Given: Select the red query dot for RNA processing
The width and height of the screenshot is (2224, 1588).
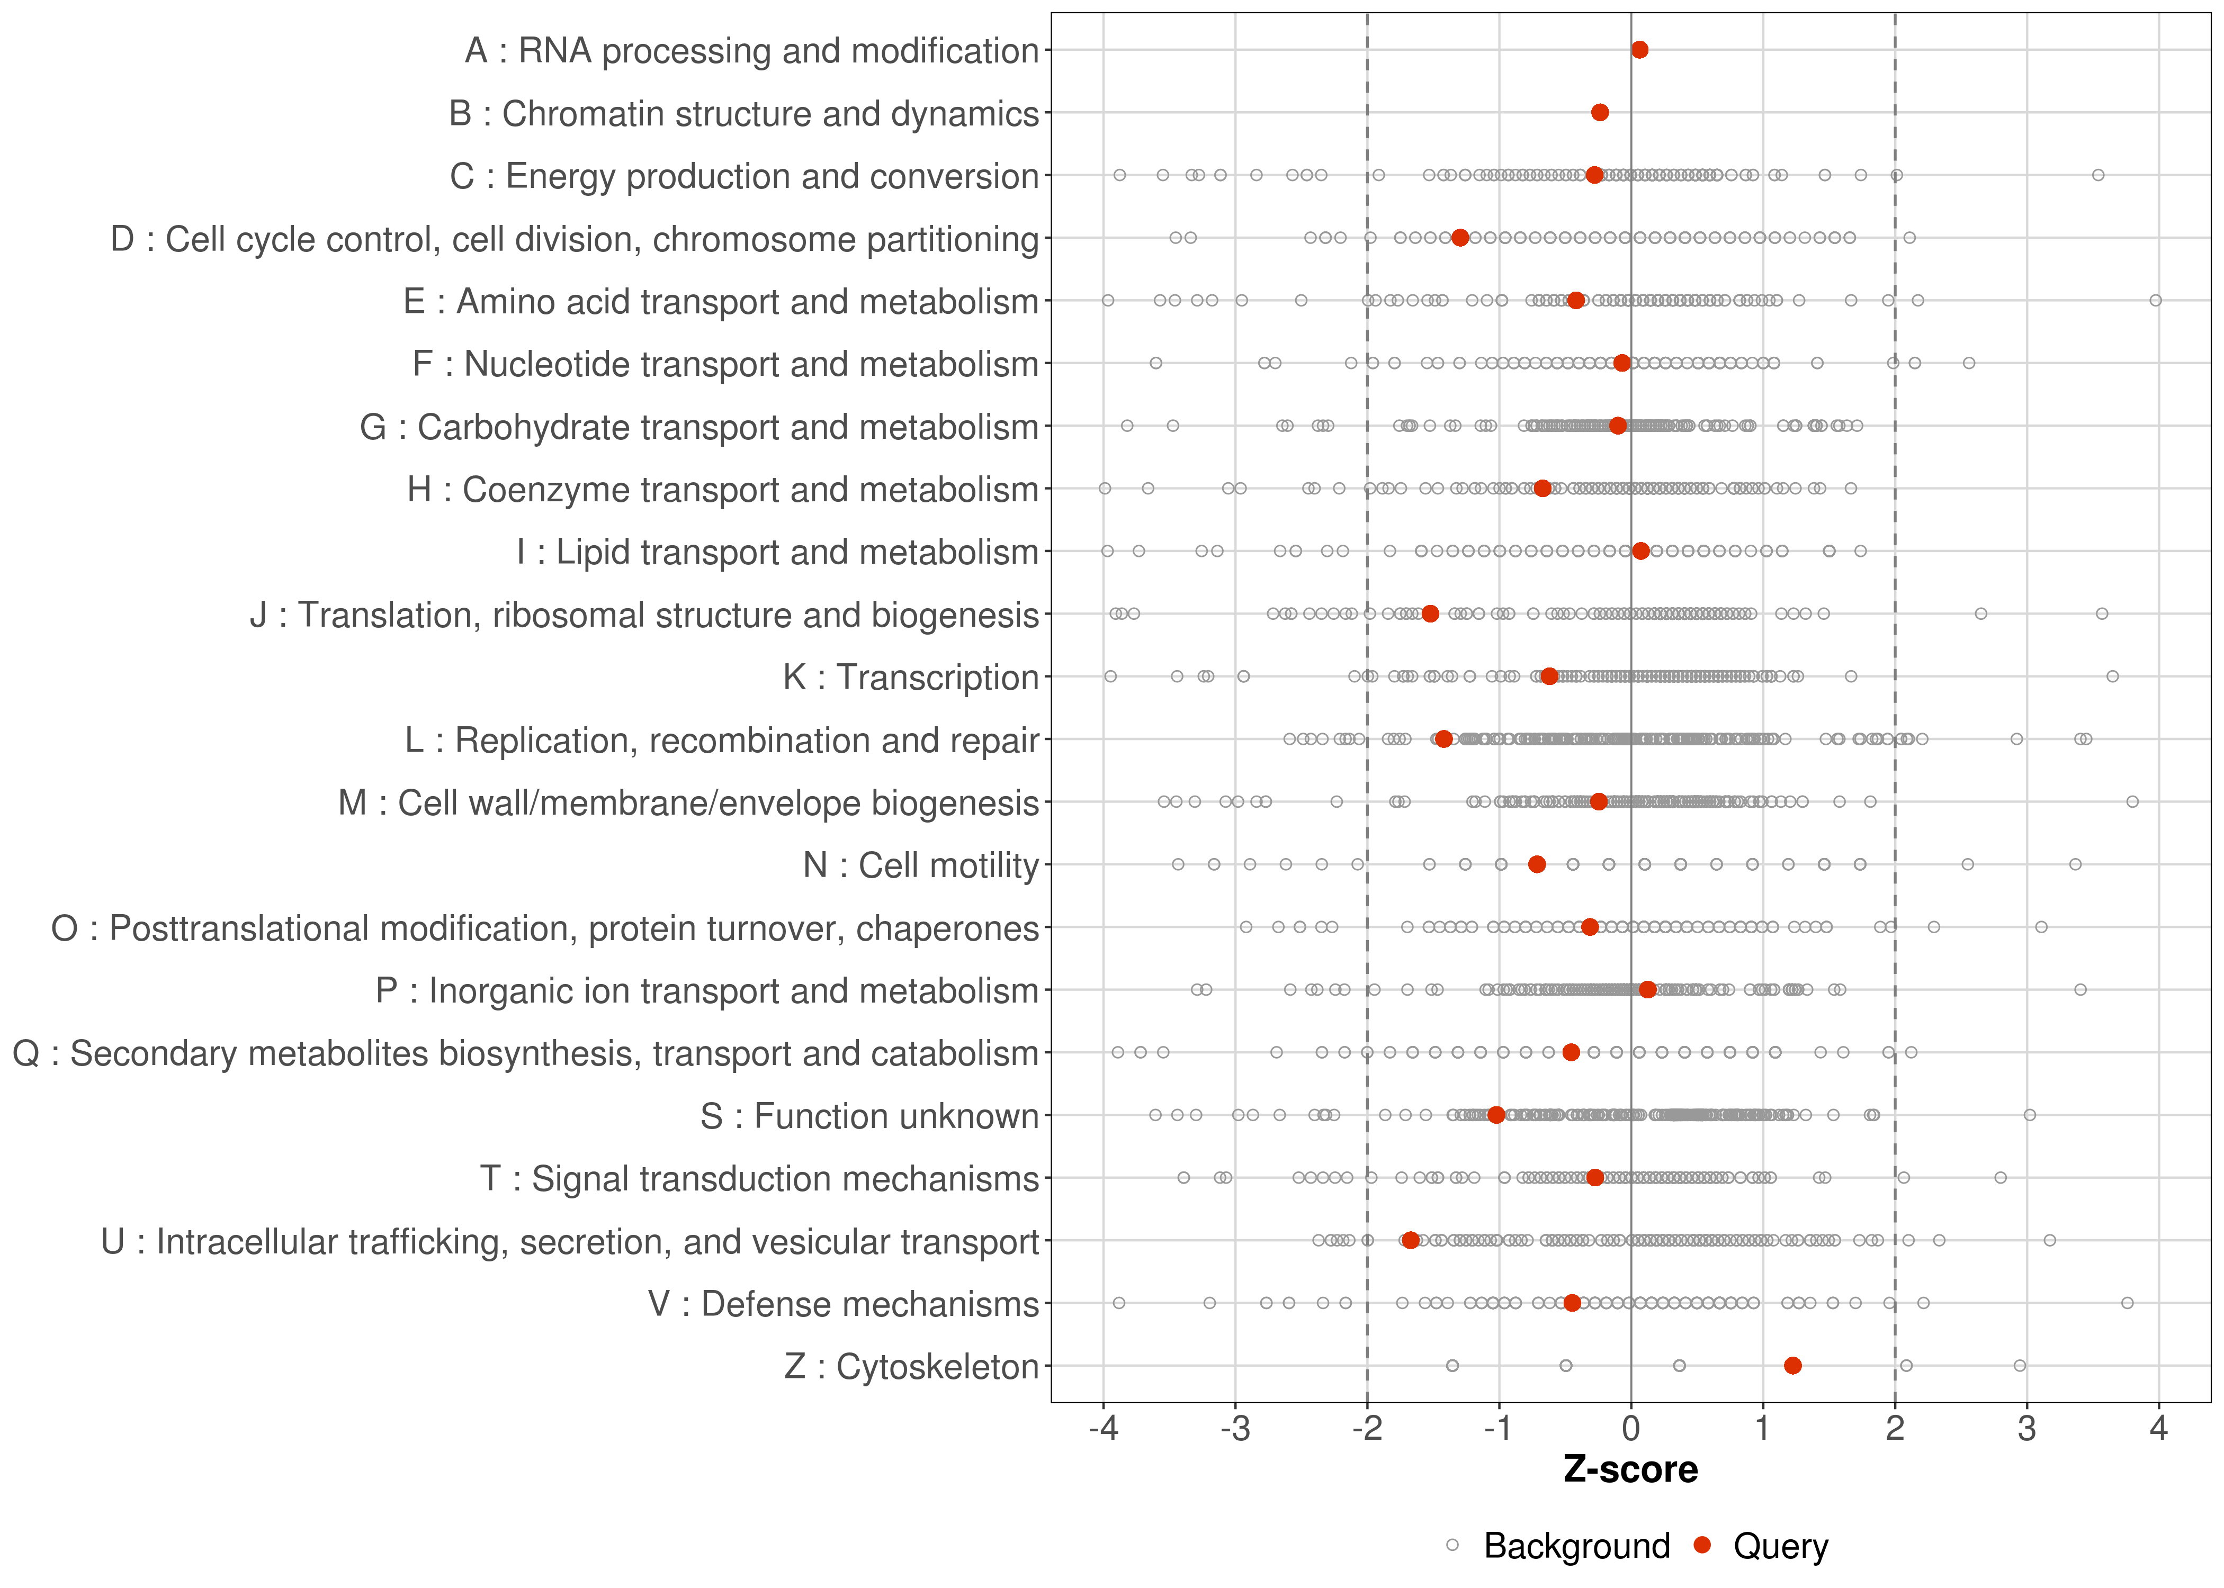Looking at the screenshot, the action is tap(1639, 50).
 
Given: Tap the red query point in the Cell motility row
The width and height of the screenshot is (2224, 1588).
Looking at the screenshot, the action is tap(1537, 864).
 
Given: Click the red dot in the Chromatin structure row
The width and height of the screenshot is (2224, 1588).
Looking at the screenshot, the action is tap(1600, 112).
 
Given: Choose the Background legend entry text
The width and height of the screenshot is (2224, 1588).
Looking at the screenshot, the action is tap(1576, 1546).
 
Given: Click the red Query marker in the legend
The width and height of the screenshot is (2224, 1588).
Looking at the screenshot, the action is tap(1703, 1545).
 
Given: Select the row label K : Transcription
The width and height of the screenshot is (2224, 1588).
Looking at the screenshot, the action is tap(911, 676).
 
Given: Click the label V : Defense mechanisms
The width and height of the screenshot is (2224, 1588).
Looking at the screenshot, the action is tap(843, 1303).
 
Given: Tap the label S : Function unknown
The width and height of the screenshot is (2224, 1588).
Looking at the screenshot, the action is tap(869, 1116).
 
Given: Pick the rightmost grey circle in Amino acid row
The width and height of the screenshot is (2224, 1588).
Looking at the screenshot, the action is tap(2156, 300).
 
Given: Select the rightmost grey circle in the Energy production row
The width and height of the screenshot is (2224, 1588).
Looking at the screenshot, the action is tap(2098, 175).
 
